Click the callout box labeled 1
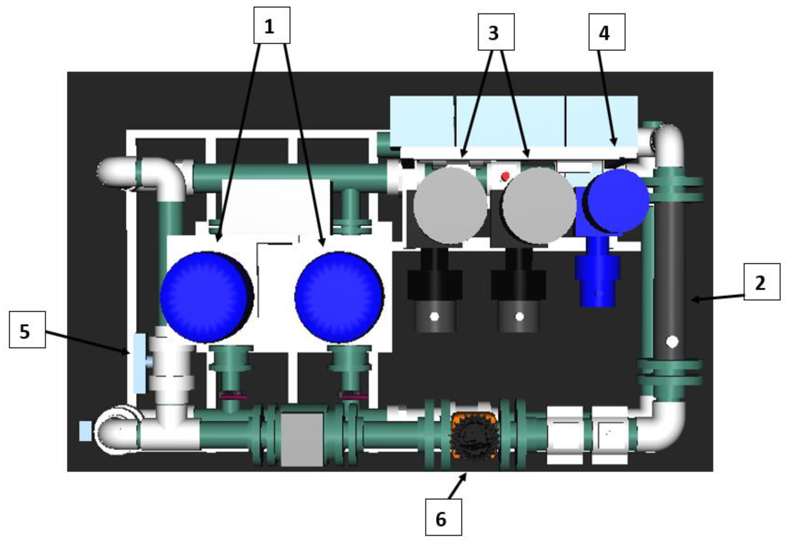(x=272, y=25)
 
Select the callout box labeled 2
(x=762, y=282)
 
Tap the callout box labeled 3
(x=496, y=32)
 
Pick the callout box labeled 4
(x=607, y=32)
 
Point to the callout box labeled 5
(x=27, y=329)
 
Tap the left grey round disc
(x=450, y=205)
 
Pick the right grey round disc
(x=539, y=205)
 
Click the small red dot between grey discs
(x=505, y=176)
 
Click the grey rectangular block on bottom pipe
(x=302, y=439)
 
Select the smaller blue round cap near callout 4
(x=618, y=201)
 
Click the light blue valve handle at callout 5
(x=139, y=363)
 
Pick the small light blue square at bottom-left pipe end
(x=85, y=431)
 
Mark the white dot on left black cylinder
(x=434, y=317)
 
